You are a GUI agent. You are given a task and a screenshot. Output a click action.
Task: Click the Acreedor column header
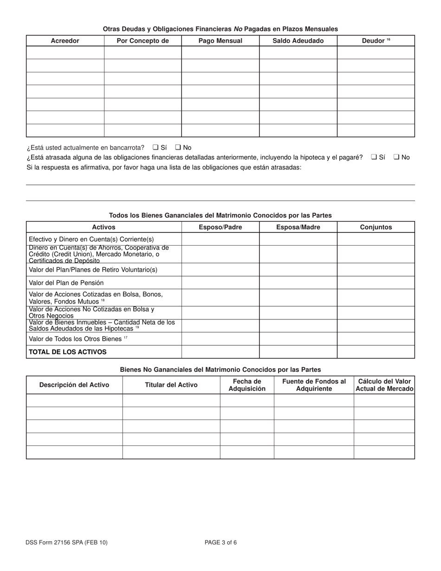pyautogui.click(x=65, y=41)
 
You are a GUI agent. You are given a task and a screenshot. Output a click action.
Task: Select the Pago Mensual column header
pyautogui.click(x=220, y=41)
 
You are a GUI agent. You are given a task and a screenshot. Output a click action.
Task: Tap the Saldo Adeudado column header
pyautogui.click(x=298, y=41)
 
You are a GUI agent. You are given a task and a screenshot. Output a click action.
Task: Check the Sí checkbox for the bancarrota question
pyautogui.click(x=156, y=148)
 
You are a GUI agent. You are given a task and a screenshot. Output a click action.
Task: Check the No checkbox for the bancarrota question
pyautogui.click(x=178, y=148)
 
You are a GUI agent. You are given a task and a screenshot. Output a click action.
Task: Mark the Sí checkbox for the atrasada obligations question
pyautogui.click(x=374, y=157)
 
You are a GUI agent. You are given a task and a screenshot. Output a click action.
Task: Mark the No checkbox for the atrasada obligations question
pyautogui.click(x=396, y=157)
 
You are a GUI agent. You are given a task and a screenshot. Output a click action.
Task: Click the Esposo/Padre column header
pyautogui.click(x=220, y=227)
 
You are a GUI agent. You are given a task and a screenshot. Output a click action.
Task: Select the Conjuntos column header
pyautogui.click(x=376, y=227)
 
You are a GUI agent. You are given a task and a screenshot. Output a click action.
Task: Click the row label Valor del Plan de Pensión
pyautogui.click(x=66, y=283)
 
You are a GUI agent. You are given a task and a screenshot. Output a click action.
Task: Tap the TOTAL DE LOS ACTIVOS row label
pyautogui.click(x=68, y=352)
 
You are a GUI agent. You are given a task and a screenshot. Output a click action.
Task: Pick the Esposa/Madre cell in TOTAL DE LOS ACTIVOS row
pyautogui.click(x=298, y=352)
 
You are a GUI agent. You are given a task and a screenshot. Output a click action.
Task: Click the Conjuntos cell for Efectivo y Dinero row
pyautogui.click(x=376, y=239)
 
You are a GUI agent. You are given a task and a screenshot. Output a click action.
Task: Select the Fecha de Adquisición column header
pyautogui.click(x=247, y=385)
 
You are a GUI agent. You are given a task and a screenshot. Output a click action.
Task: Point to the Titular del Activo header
pyautogui.click(x=171, y=385)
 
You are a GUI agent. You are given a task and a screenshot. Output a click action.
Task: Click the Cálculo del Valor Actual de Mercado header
pyautogui.click(x=384, y=385)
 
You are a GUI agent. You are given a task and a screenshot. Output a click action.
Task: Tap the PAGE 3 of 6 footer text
pyautogui.click(x=220, y=542)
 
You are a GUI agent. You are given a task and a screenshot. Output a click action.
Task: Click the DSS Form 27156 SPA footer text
pyautogui.click(x=67, y=542)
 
